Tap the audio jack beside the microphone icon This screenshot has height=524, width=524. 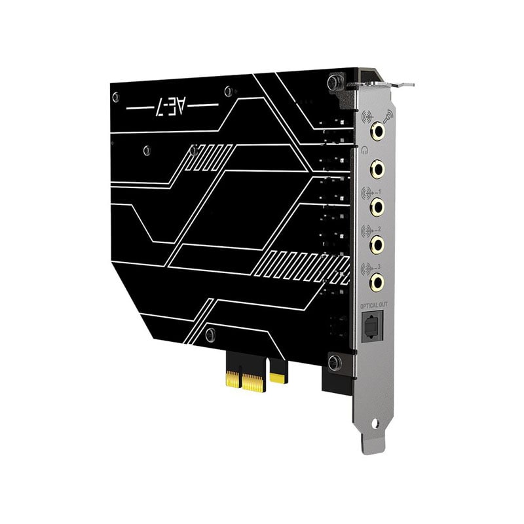[x=377, y=132]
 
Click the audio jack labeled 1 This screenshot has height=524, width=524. [x=377, y=208]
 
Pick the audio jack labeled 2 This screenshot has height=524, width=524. [x=377, y=245]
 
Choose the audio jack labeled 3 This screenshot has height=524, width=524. [x=377, y=282]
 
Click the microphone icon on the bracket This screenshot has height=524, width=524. [x=388, y=116]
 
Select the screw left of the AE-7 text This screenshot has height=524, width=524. [x=116, y=97]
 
